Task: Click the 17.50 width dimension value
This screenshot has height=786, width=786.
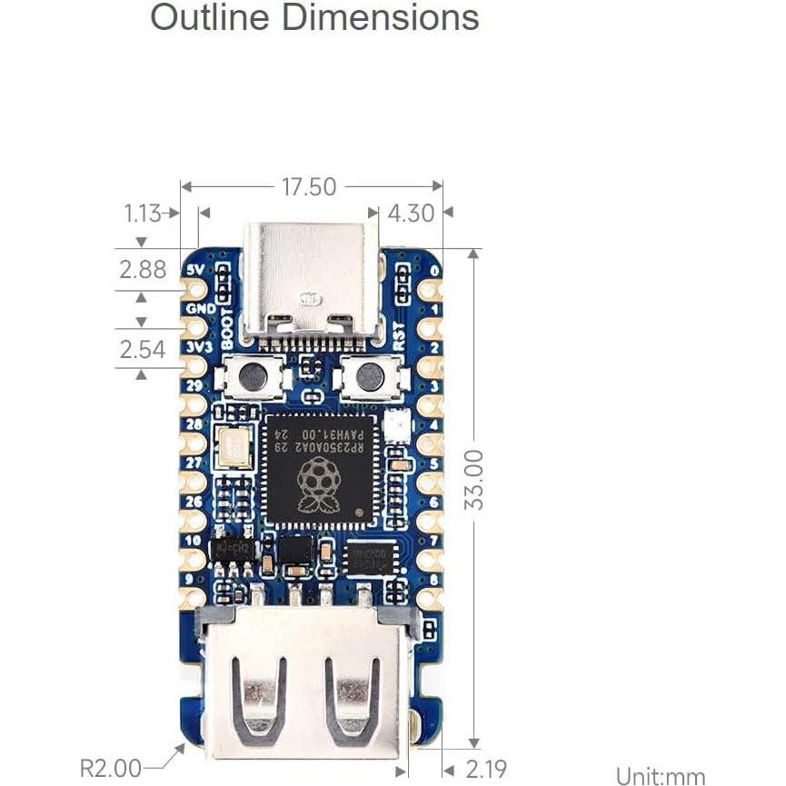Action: (309, 187)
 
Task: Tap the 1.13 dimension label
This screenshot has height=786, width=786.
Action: (143, 214)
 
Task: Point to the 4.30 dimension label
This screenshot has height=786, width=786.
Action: (411, 214)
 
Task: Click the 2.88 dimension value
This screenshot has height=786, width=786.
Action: (143, 269)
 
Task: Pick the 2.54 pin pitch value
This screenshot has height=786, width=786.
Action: (143, 349)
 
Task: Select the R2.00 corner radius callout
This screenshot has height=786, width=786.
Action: (111, 768)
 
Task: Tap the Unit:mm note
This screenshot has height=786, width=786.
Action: (661, 776)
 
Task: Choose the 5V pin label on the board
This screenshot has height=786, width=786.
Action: (194, 270)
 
